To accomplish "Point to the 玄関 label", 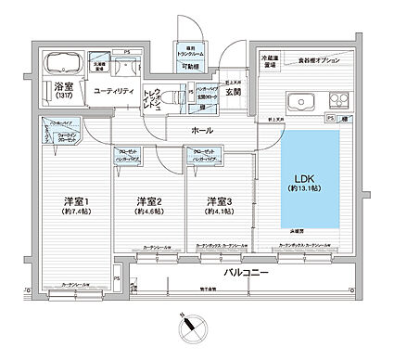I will (234, 92).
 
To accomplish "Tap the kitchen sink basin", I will (300, 101).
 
